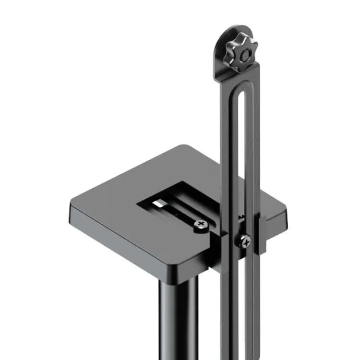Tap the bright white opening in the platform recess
coord(158,204)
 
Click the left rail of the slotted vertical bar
coord(229,192)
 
